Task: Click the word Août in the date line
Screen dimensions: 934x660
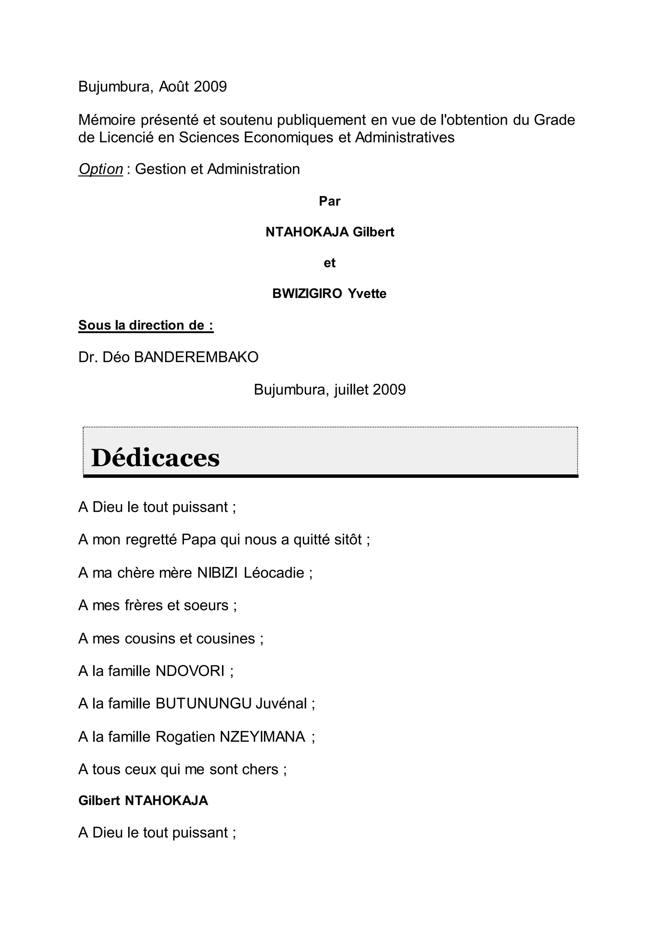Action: click(174, 87)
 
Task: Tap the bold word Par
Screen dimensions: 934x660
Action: click(330, 201)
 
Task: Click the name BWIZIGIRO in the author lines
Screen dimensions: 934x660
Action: click(307, 294)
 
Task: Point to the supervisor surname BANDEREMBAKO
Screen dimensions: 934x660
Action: click(196, 357)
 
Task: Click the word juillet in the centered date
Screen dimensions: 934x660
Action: click(351, 390)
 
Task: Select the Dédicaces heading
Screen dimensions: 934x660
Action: click(155, 458)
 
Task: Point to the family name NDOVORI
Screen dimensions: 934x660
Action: click(190, 671)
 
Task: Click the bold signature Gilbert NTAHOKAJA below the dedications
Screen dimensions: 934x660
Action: click(143, 800)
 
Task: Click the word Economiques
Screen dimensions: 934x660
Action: click(288, 137)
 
